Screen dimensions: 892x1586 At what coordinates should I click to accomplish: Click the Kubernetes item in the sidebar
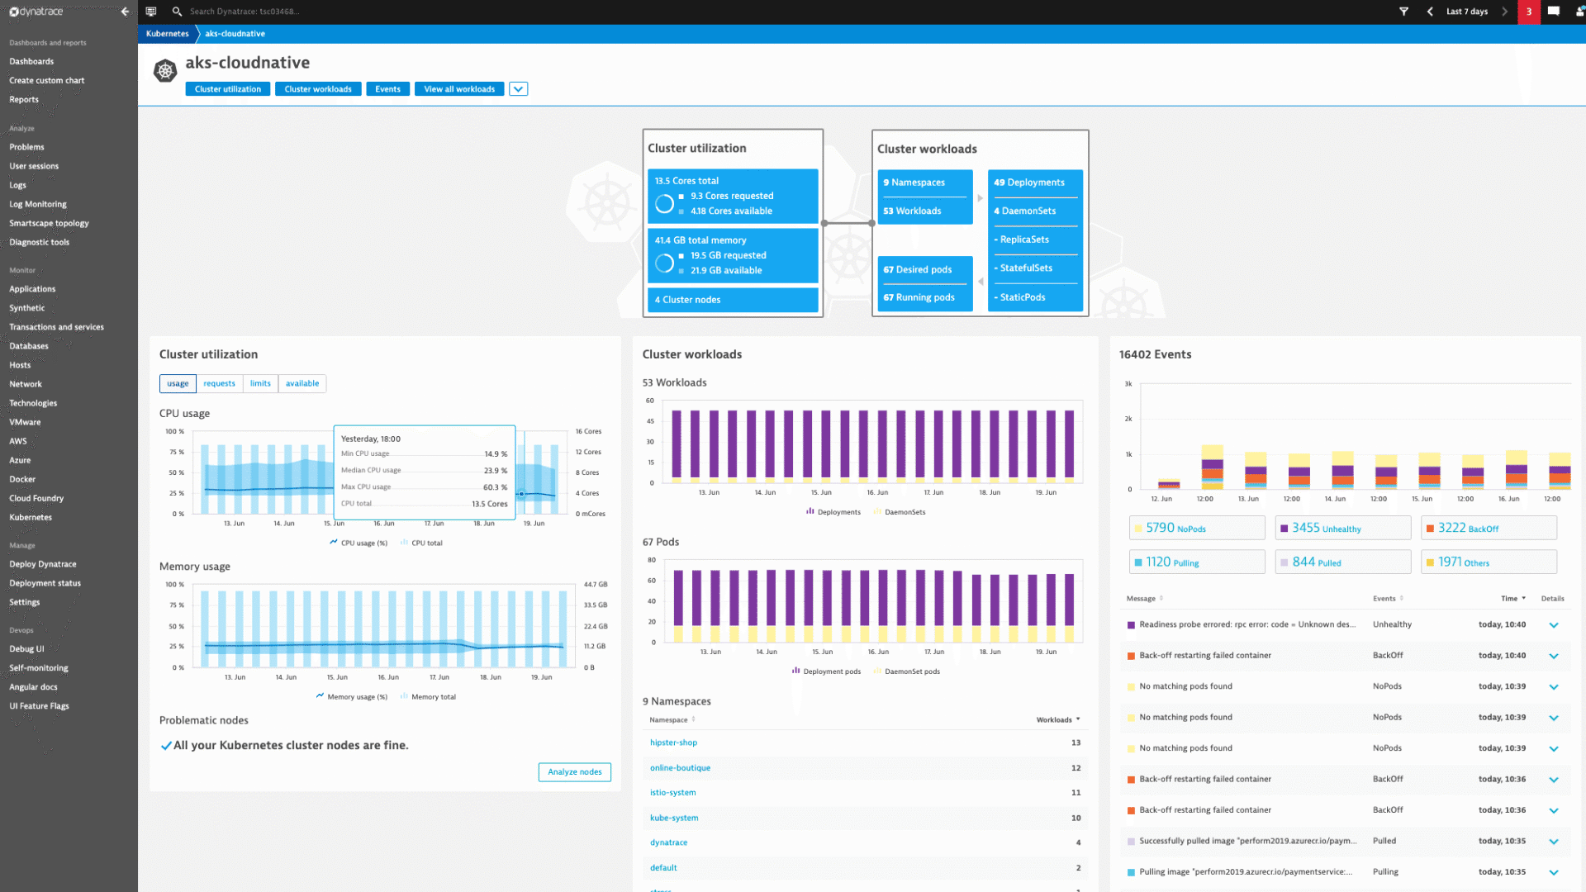click(x=31, y=518)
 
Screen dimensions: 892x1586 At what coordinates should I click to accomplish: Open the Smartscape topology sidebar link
click(x=49, y=224)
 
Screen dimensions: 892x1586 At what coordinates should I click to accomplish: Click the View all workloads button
click(x=458, y=89)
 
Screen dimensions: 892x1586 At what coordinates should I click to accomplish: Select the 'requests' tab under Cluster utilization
click(x=219, y=383)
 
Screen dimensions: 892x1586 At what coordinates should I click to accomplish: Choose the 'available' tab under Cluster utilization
click(x=302, y=383)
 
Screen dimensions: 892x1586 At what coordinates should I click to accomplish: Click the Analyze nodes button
click(x=574, y=772)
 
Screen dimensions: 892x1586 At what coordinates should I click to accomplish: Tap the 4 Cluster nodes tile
click(x=732, y=300)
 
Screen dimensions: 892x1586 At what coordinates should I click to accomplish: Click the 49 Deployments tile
click(x=1034, y=183)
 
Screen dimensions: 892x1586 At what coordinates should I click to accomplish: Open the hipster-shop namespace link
click(x=673, y=743)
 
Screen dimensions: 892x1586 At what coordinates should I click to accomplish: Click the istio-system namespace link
click(x=672, y=793)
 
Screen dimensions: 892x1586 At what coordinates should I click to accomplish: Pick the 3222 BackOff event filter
click(x=1488, y=529)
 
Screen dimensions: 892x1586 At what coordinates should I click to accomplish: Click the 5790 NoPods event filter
click(x=1196, y=529)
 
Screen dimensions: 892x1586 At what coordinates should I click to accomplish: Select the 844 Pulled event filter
click(x=1341, y=562)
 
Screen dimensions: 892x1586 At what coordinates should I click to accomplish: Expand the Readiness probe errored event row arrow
click(x=1553, y=625)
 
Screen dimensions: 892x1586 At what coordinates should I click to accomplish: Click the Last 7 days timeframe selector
click(x=1466, y=12)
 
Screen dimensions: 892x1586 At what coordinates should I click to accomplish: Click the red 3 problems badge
click(x=1528, y=12)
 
